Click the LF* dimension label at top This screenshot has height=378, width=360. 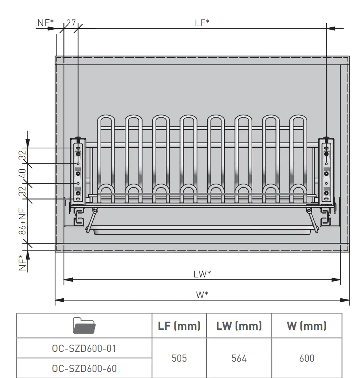click(202, 23)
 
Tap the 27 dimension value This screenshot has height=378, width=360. click(71, 23)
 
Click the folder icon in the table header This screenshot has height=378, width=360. click(84, 326)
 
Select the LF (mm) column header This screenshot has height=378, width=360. click(179, 326)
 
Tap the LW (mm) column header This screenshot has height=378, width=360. click(239, 326)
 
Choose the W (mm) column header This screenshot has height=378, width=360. click(307, 326)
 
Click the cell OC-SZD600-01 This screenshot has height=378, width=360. click(84, 348)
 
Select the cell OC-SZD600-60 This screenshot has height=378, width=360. click(84, 368)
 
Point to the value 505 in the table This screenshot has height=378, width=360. click(179, 358)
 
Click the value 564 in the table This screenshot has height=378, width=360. click(239, 358)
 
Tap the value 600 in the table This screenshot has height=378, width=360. click(307, 358)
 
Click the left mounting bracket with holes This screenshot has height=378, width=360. click(78, 171)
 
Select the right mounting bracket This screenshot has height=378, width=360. click(326, 171)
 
